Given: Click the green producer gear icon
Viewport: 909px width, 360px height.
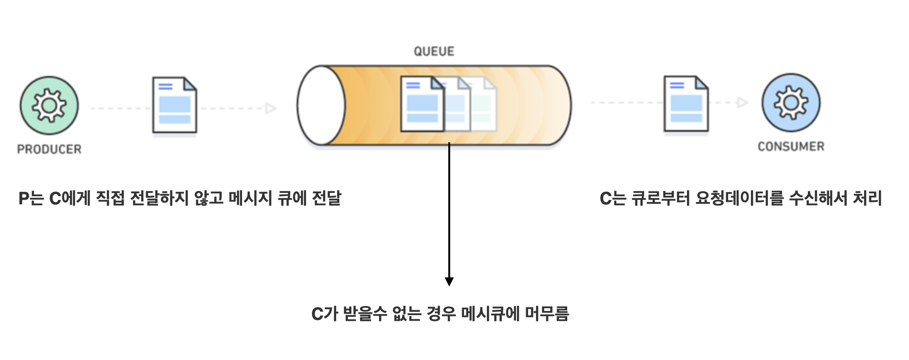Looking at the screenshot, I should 49,106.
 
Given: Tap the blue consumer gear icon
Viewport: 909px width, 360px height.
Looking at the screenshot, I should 791,103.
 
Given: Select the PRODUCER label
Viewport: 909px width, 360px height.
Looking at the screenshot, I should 49,149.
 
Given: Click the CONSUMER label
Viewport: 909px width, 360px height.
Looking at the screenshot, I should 791,147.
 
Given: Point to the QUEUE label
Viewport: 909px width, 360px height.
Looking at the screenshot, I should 434,51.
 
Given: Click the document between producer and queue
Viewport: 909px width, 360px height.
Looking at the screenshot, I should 175,105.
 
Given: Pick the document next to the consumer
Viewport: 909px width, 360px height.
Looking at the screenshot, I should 686,104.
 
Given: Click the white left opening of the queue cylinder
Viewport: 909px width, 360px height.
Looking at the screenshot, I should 321,106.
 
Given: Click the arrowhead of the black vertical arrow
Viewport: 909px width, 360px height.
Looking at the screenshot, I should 449,281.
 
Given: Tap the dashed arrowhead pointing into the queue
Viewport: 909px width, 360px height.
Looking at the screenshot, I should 271,108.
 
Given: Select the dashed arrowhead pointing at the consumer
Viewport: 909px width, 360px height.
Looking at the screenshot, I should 742,103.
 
